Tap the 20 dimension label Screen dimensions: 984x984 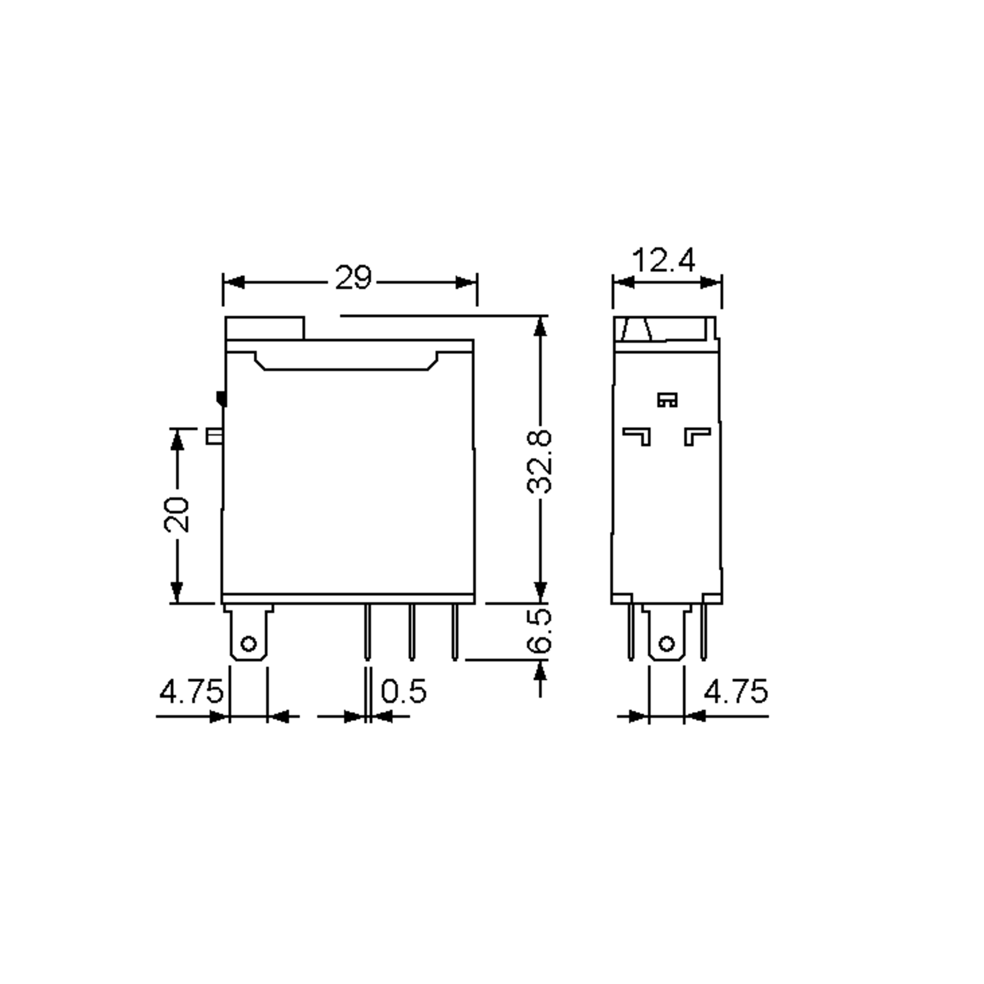point(176,515)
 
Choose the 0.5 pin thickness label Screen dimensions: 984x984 point(403,692)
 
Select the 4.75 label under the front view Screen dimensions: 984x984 point(191,692)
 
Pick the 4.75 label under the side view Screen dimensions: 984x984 point(736,692)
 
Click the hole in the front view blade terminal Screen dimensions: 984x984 point(248,644)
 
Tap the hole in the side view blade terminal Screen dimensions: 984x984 point(666,644)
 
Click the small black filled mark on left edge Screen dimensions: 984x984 point(221,398)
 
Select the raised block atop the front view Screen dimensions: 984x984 point(265,328)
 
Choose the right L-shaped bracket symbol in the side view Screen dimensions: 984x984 point(696,435)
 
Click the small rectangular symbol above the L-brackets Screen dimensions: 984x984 point(667,400)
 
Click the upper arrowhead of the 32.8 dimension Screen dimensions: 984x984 point(540,326)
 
